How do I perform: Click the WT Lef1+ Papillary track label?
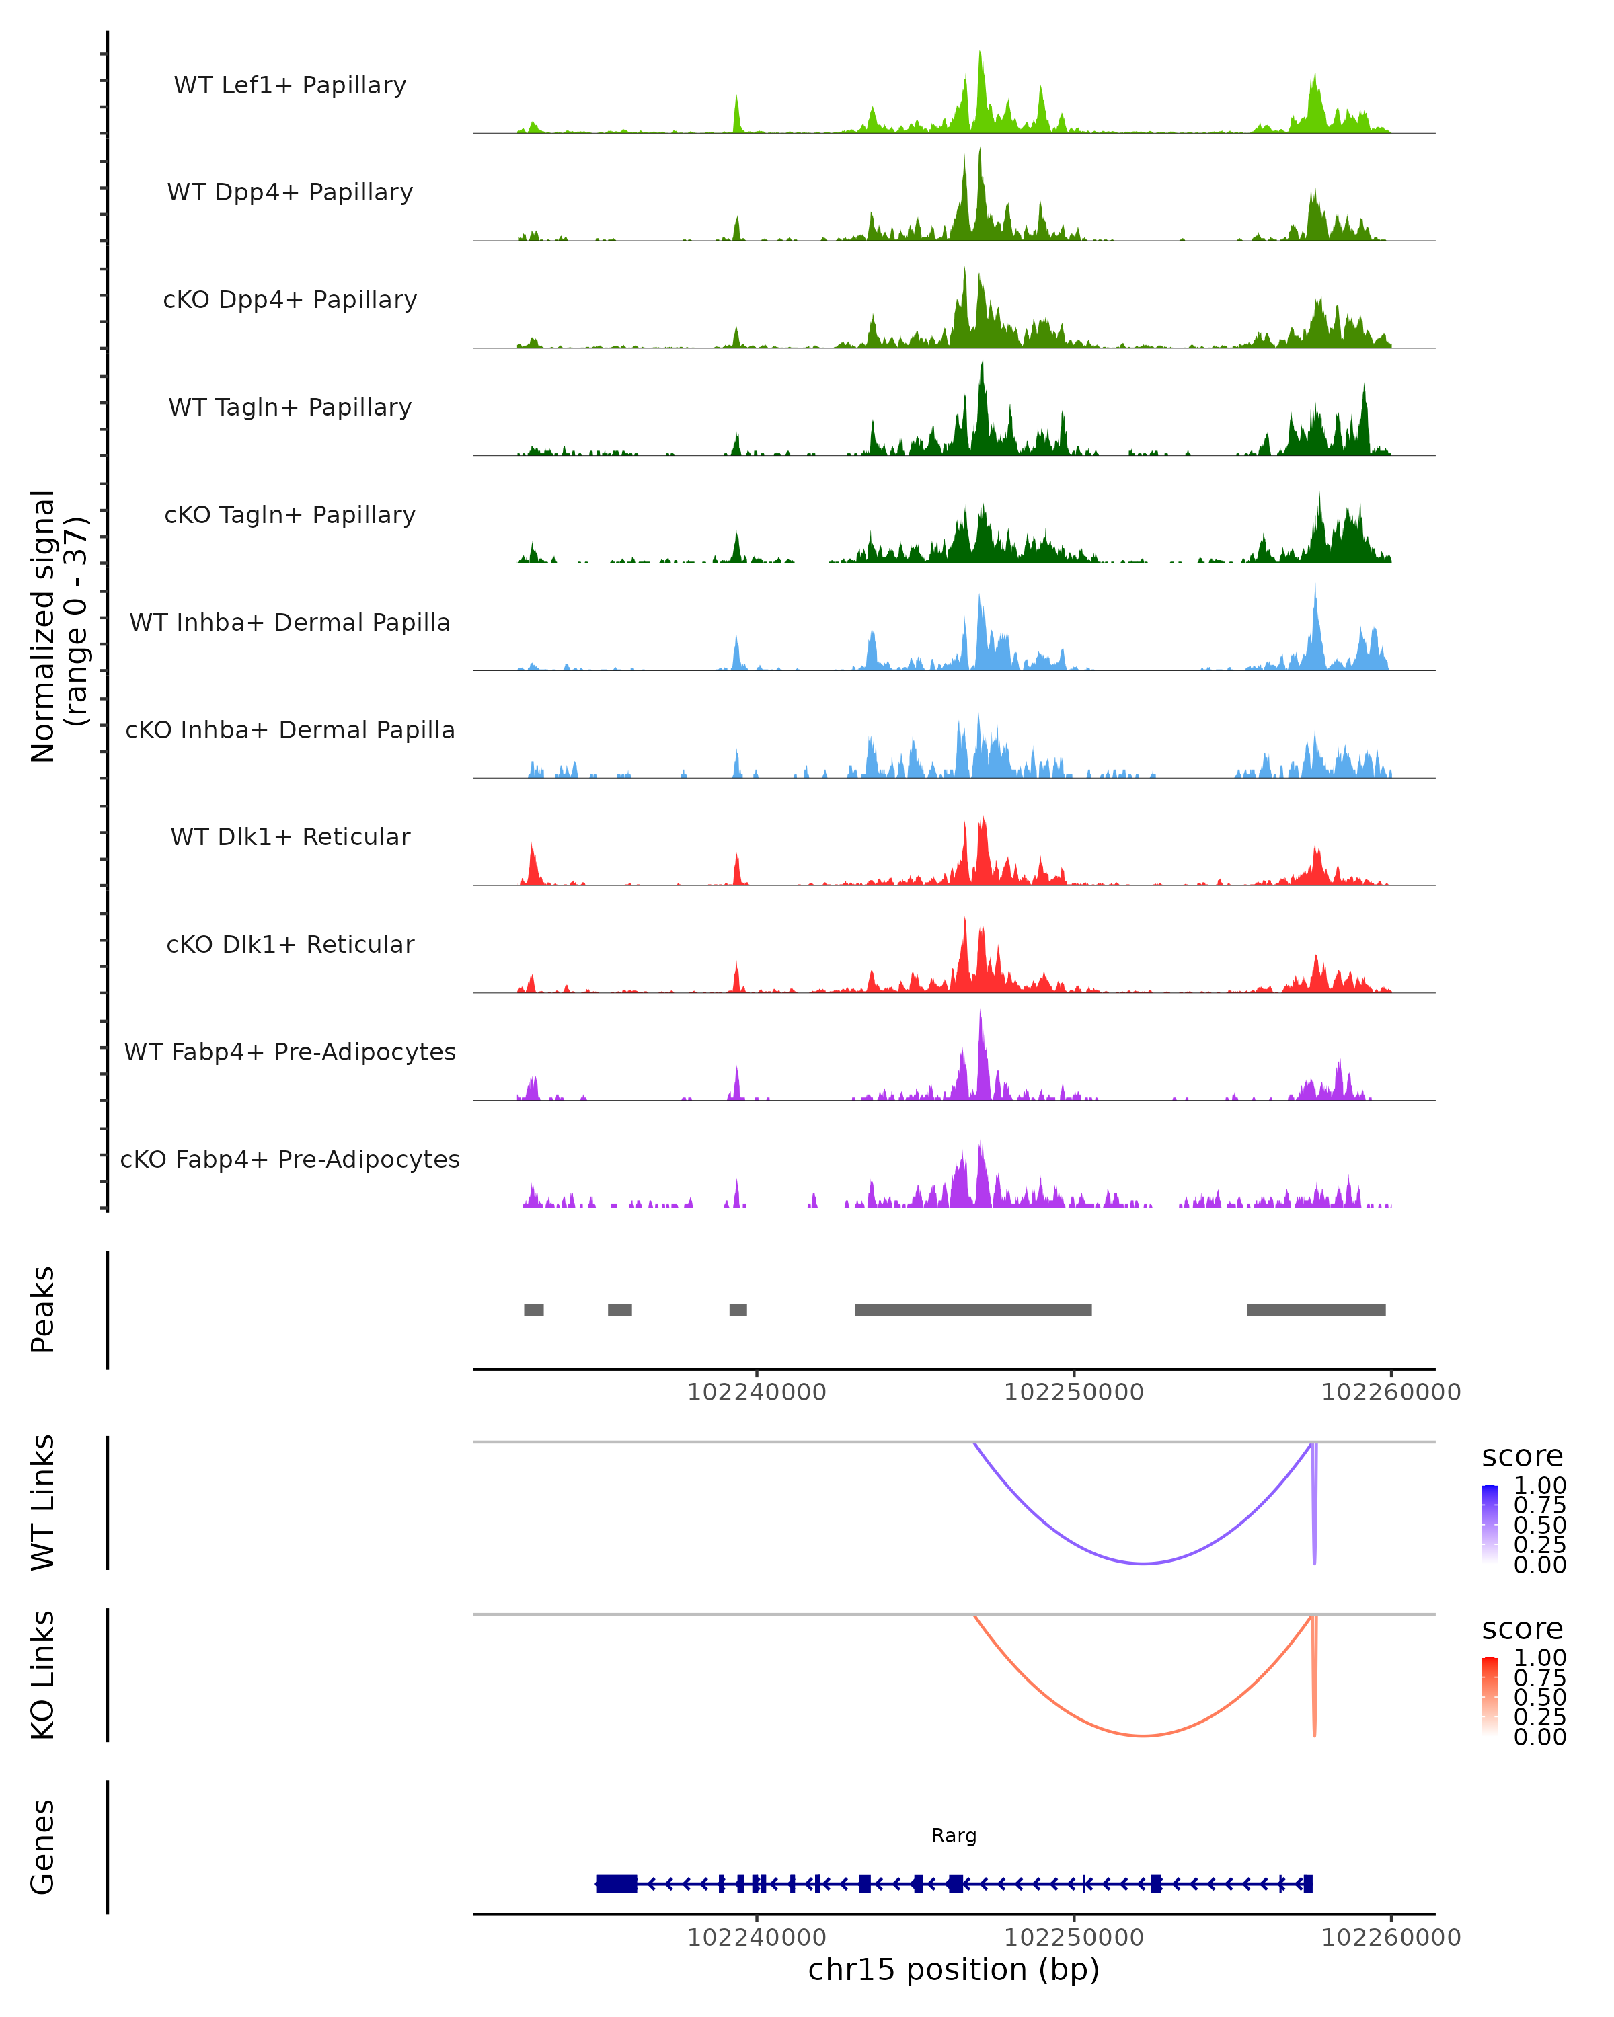click(290, 85)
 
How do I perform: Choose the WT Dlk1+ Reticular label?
click(290, 836)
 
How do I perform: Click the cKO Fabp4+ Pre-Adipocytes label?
click(290, 1159)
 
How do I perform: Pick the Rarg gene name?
click(954, 1835)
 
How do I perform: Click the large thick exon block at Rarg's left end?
click(617, 1884)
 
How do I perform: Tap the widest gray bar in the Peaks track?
click(973, 1310)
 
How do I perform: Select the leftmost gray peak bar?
click(533, 1310)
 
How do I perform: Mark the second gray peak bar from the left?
click(619, 1310)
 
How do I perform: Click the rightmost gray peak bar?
click(1315, 1310)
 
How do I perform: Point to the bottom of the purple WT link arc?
click(1143, 1563)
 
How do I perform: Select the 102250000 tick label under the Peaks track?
click(1073, 1393)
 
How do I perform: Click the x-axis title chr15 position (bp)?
click(954, 1970)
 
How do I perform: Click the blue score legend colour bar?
click(1490, 1523)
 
